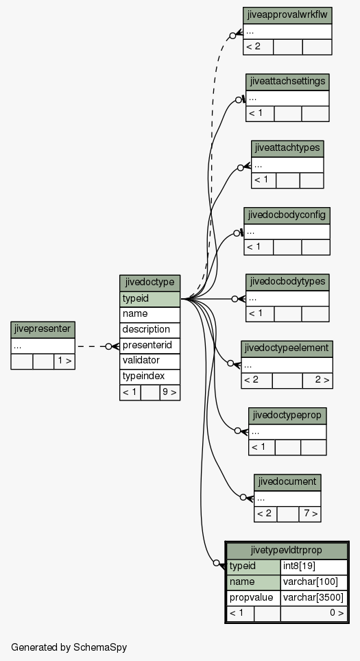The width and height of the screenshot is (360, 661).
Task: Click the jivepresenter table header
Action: pyautogui.click(x=43, y=330)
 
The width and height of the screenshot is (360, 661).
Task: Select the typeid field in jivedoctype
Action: pyautogui.click(x=149, y=299)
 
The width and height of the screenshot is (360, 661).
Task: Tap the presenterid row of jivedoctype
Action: pyautogui.click(x=149, y=346)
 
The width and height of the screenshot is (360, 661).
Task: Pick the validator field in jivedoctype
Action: pyautogui.click(x=149, y=361)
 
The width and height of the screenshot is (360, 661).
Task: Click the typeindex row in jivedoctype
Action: pyautogui.click(x=149, y=376)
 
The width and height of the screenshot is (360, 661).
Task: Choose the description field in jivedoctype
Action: pyautogui.click(x=149, y=330)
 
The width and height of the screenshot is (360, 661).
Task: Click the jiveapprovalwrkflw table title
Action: pyautogui.click(x=287, y=16)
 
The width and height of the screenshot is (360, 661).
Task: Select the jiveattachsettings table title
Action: pyautogui.click(x=287, y=82)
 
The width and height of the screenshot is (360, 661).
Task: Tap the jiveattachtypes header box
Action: pyautogui.click(x=287, y=149)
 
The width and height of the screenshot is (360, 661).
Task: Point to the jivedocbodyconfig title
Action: pyautogui.click(x=287, y=215)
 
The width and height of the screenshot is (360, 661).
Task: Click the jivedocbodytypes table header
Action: pyautogui.click(x=287, y=282)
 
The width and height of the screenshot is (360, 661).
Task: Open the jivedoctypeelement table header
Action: pyautogui.click(x=287, y=348)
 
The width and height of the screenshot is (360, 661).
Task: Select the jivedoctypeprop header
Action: pyautogui.click(x=287, y=416)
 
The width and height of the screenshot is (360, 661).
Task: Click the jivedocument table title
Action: pyautogui.click(x=287, y=482)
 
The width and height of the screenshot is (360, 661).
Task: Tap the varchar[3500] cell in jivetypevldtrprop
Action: pyautogui.click(x=313, y=598)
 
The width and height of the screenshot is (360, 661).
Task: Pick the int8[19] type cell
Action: pyautogui.click(x=313, y=566)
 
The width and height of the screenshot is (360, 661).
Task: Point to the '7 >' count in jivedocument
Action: pyautogui.click(x=310, y=514)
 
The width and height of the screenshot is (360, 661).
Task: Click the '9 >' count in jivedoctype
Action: pyautogui.click(x=170, y=392)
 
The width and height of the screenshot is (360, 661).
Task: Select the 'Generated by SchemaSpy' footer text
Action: pyautogui.click(x=69, y=647)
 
